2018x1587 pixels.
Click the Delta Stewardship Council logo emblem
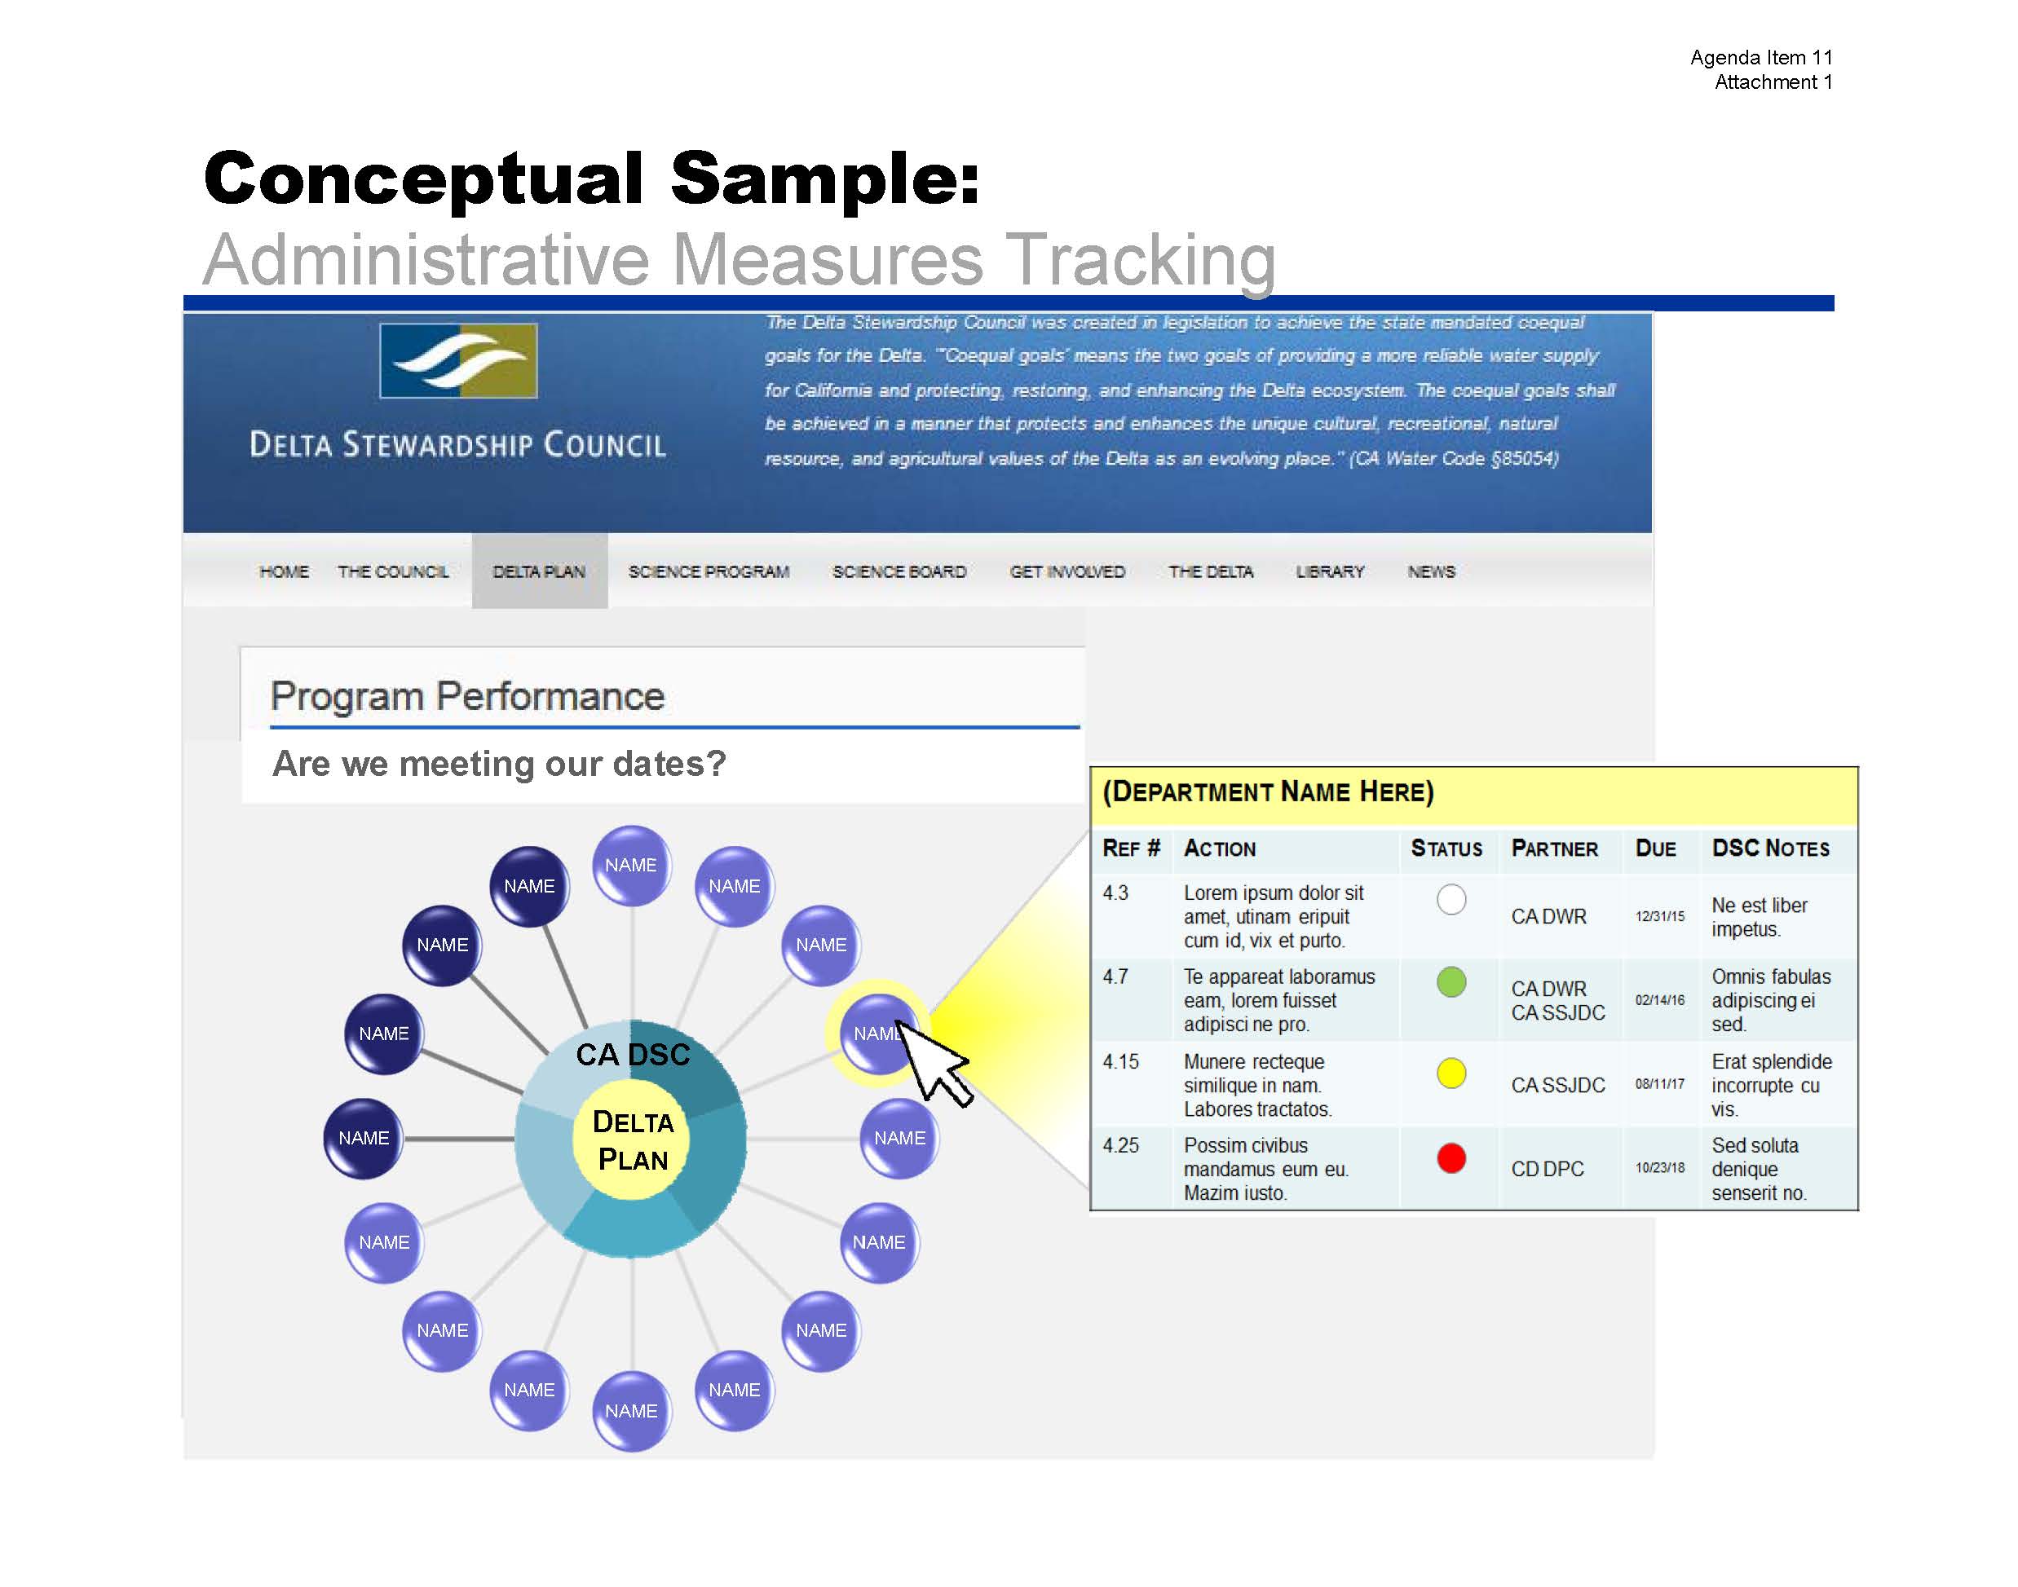tap(458, 360)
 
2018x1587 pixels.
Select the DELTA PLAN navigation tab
tap(539, 571)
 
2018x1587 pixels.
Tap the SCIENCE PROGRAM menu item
tap(709, 571)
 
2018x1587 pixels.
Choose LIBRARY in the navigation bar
tap(1330, 571)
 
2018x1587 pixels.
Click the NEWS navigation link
tap(1432, 571)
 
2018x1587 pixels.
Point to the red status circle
tap(1451, 1157)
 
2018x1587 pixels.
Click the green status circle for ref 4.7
tap(1451, 982)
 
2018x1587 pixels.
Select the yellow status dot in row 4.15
tap(1451, 1073)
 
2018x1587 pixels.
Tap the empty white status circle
tap(1451, 899)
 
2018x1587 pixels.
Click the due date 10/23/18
tap(1660, 1168)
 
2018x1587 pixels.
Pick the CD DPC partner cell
tap(1548, 1169)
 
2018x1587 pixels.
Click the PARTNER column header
tap(1554, 849)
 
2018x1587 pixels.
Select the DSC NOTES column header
tap(1771, 849)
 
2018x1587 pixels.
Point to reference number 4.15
tap(1120, 1061)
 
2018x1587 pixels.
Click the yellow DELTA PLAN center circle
tap(633, 1142)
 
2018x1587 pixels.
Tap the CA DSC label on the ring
tap(633, 1055)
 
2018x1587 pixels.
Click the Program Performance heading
tap(467, 696)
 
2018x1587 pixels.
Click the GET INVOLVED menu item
tap(1067, 571)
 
